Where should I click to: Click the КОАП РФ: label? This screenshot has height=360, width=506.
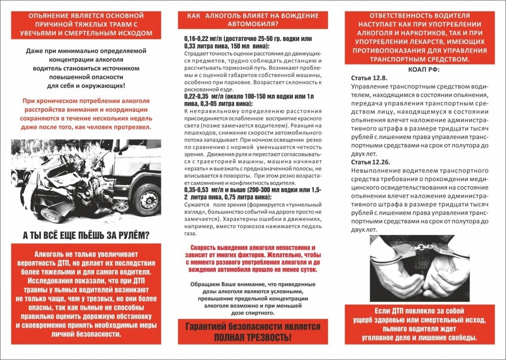tap(423, 70)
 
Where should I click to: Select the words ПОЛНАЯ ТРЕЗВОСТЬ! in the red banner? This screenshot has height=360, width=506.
tap(252, 337)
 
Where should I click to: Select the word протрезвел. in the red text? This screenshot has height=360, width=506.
tap(133, 127)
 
